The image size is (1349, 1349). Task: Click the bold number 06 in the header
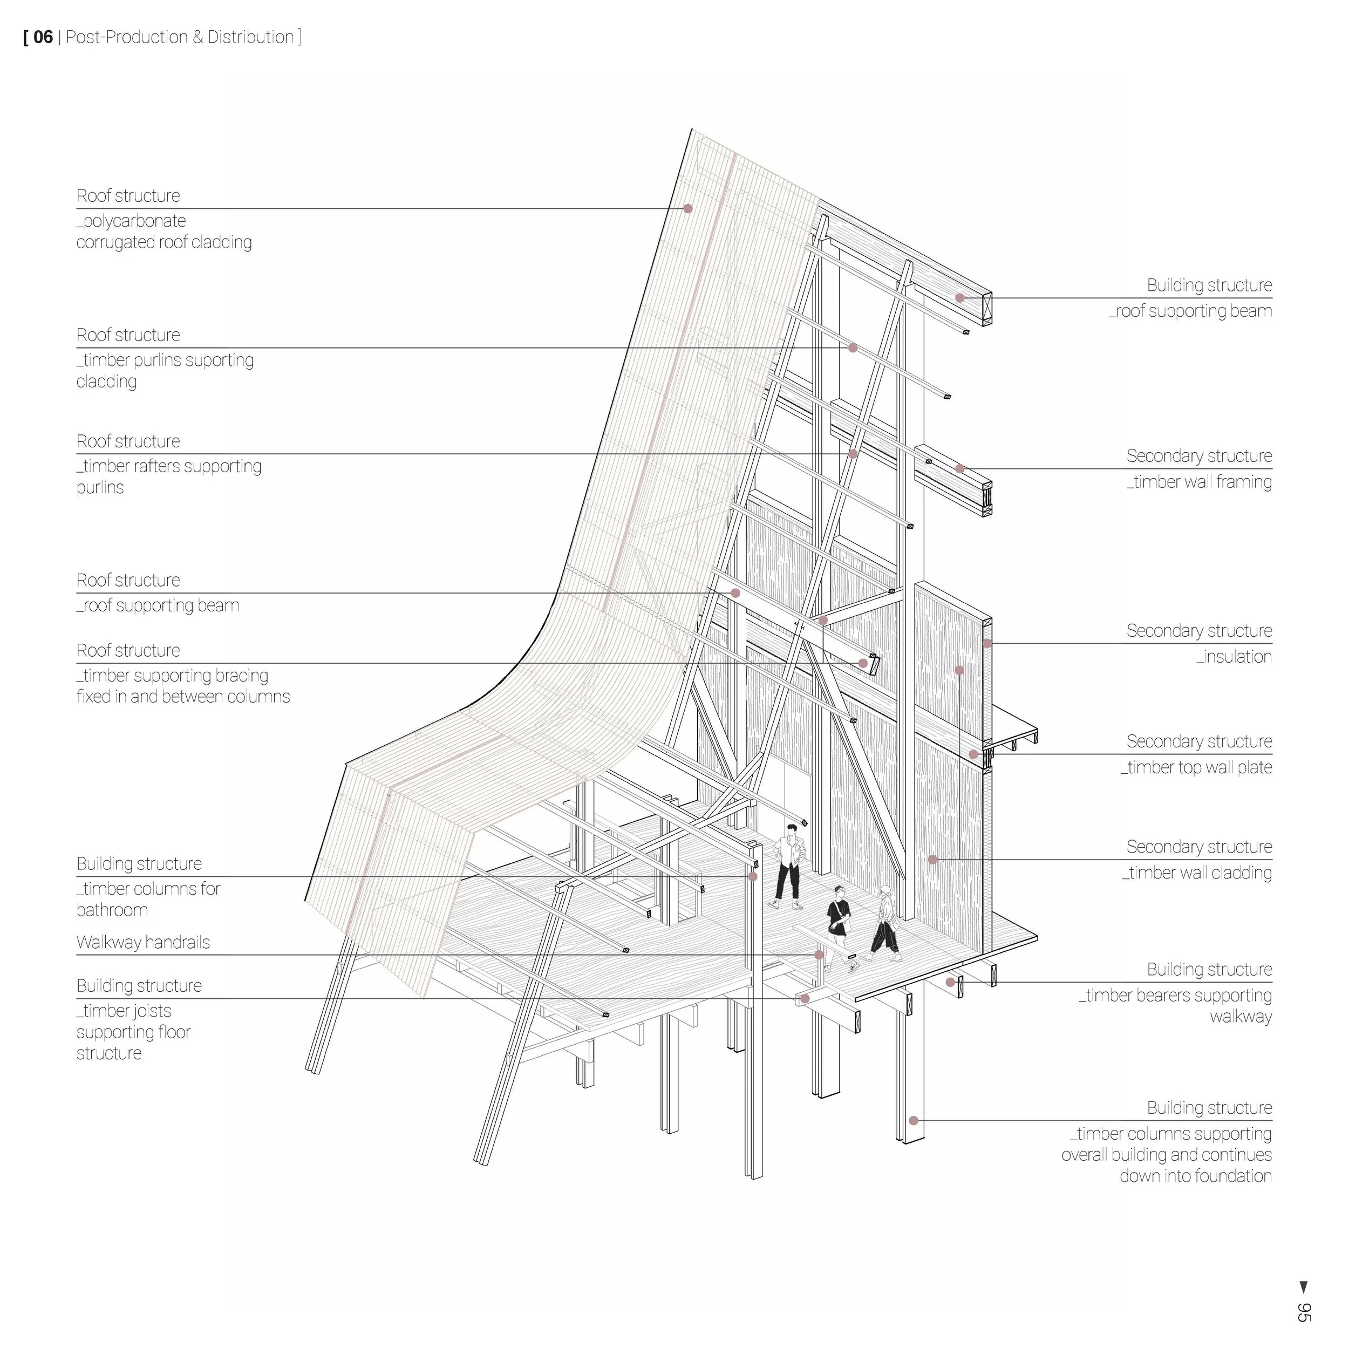pyautogui.click(x=43, y=37)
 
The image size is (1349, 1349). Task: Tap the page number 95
pyautogui.click(x=1303, y=1311)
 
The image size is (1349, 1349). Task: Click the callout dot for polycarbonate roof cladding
pyautogui.click(x=688, y=209)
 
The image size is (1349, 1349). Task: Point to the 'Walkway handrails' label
pyautogui.click(x=143, y=943)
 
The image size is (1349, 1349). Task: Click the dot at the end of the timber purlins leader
pyautogui.click(x=853, y=348)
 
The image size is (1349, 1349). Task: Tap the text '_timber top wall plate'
pyautogui.click(x=1196, y=767)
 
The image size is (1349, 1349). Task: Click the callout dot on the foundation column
pyautogui.click(x=914, y=1121)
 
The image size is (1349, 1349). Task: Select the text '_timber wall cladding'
pyautogui.click(x=1197, y=873)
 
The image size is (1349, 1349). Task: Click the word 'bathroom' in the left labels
pyautogui.click(x=112, y=910)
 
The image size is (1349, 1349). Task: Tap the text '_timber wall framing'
pyautogui.click(x=1199, y=482)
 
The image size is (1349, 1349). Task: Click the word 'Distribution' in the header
pyautogui.click(x=250, y=37)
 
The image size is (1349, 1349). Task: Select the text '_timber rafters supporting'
pyautogui.click(x=169, y=466)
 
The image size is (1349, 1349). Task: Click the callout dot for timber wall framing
pyautogui.click(x=960, y=468)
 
